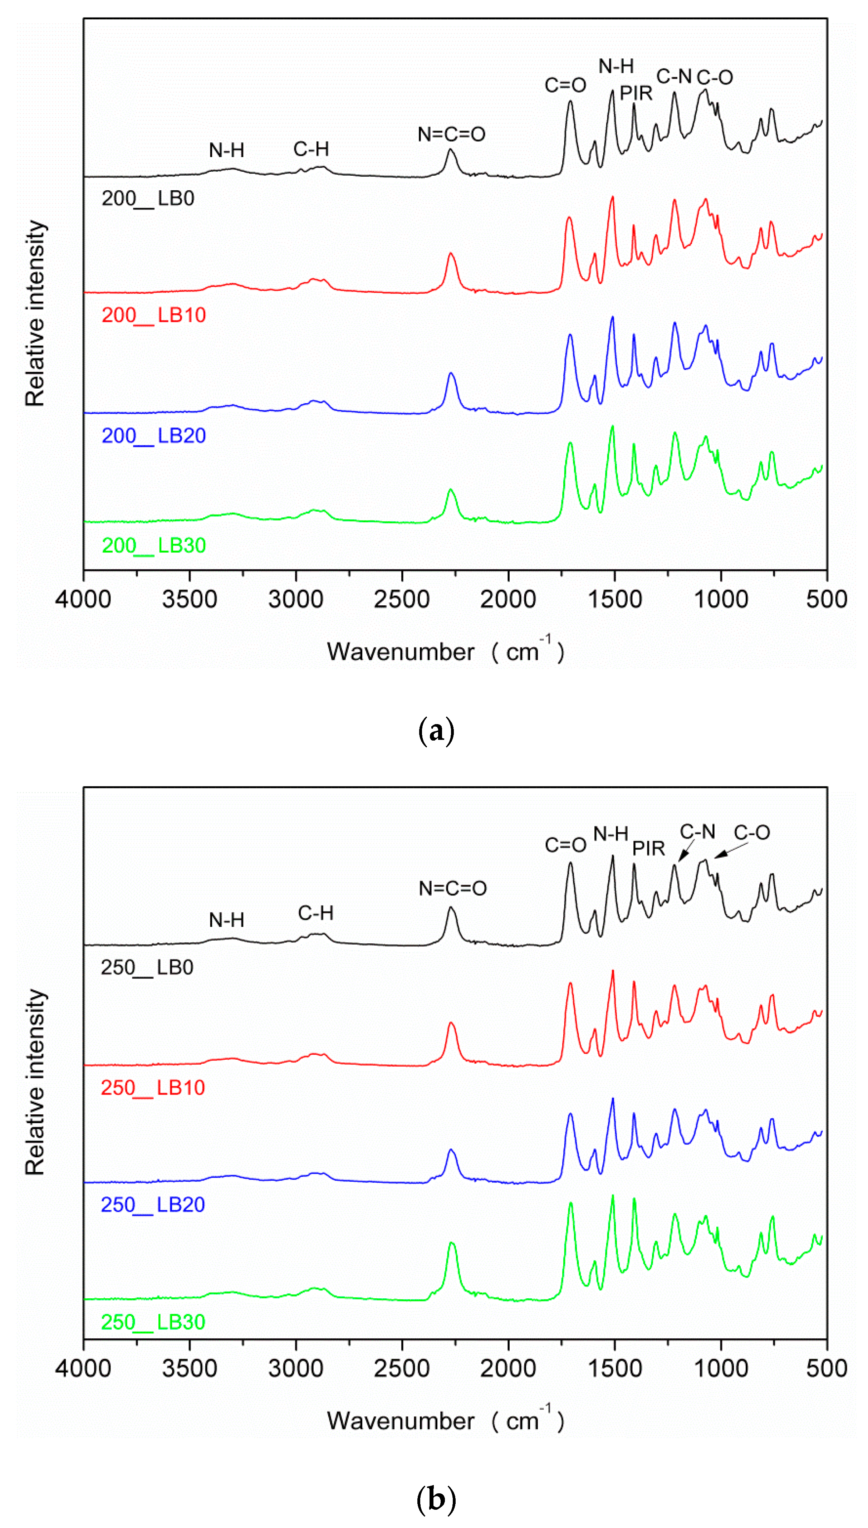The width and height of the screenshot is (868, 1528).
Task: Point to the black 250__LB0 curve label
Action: point(147,967)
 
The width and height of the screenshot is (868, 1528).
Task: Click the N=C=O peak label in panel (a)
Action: point(451,134)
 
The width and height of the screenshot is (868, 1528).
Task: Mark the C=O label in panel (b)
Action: point(565,845)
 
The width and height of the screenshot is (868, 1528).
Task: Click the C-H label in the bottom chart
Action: point(315,913)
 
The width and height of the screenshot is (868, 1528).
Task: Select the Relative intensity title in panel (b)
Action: point(35,1082)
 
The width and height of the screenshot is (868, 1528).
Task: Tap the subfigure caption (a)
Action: point(436,730)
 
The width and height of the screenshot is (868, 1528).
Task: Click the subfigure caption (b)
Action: point(436,1498)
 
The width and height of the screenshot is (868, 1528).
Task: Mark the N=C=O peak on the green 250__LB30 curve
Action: point(451,1243)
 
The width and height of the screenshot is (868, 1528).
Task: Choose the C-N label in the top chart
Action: point(674,76)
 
